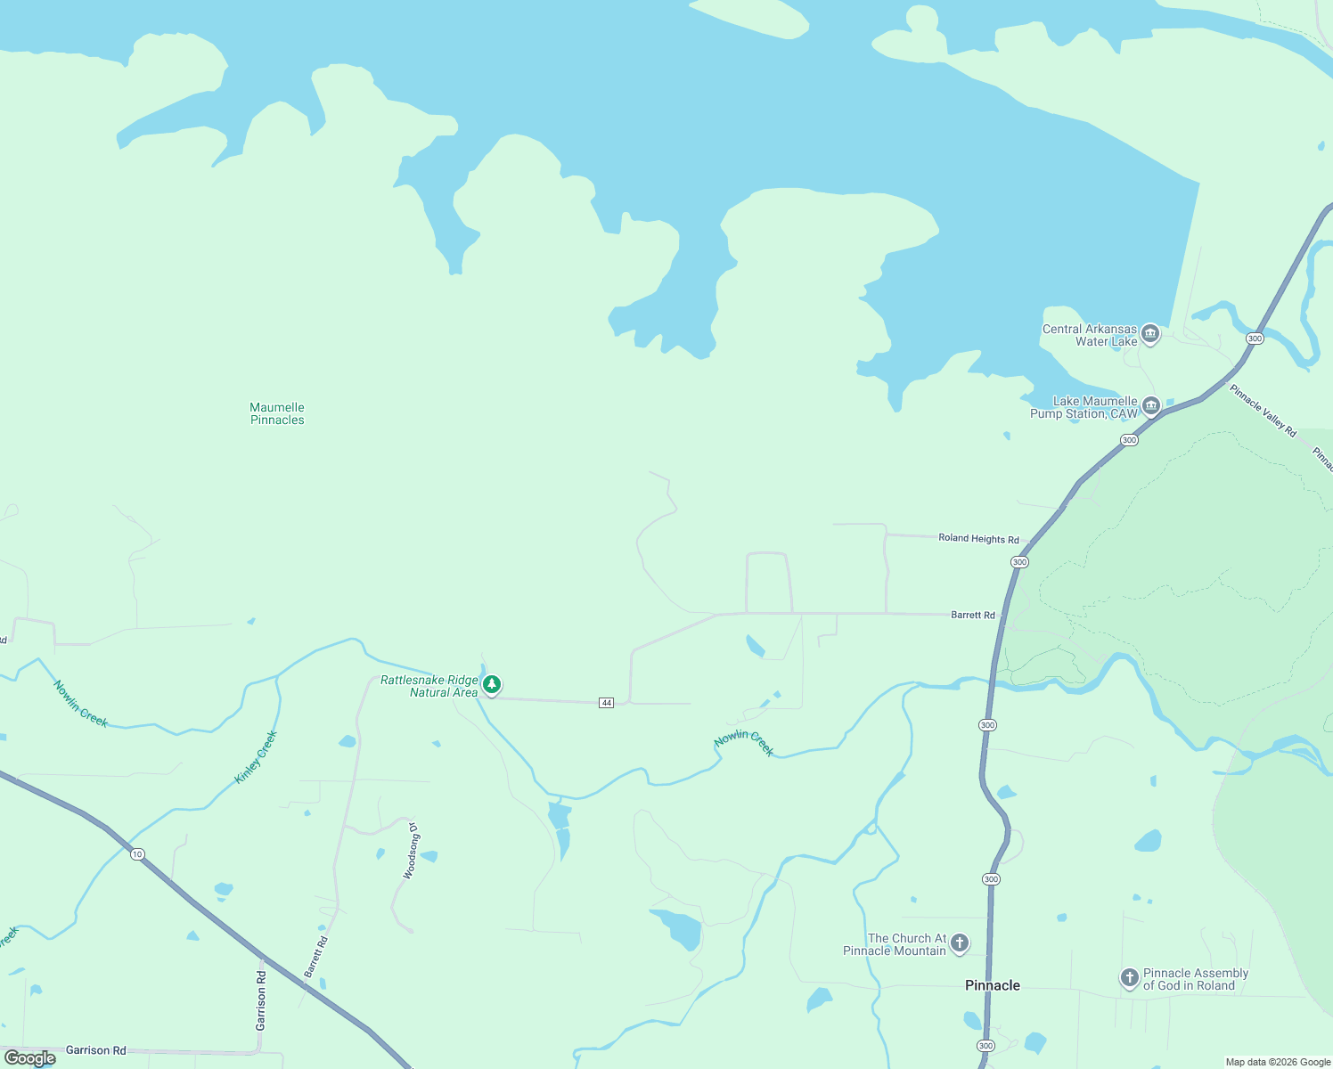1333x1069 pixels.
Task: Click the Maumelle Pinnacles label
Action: click(277, 414)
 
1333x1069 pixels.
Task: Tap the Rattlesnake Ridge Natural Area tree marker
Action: click(491, 684)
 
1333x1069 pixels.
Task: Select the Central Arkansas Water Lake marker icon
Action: click(1150, 334)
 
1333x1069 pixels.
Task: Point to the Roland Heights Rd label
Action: click(978, 539)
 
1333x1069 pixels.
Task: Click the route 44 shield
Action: click(607, 703)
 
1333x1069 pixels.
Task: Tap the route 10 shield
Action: click(136, 854)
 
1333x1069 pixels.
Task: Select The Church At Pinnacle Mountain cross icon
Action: click(960, 943)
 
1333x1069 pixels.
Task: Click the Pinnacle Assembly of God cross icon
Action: click(1129, 978)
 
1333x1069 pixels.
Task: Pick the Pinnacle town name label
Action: click(993, 985)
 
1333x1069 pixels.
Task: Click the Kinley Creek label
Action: click(257, 757)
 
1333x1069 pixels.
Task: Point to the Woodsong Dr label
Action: click(411, 852)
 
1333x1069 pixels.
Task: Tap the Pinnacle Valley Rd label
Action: click(1263, 410)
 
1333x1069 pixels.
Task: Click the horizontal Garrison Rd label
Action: click(96, 1050)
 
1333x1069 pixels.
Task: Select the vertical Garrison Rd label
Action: click(261, 1000)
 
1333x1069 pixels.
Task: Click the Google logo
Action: click(31, 1058)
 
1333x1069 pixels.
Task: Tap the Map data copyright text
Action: click(1278, 1062)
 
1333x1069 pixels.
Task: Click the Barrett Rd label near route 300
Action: click(973, 615)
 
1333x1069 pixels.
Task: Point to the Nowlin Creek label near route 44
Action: click(744, 744)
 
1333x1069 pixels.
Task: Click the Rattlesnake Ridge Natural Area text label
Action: click(429, 686)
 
